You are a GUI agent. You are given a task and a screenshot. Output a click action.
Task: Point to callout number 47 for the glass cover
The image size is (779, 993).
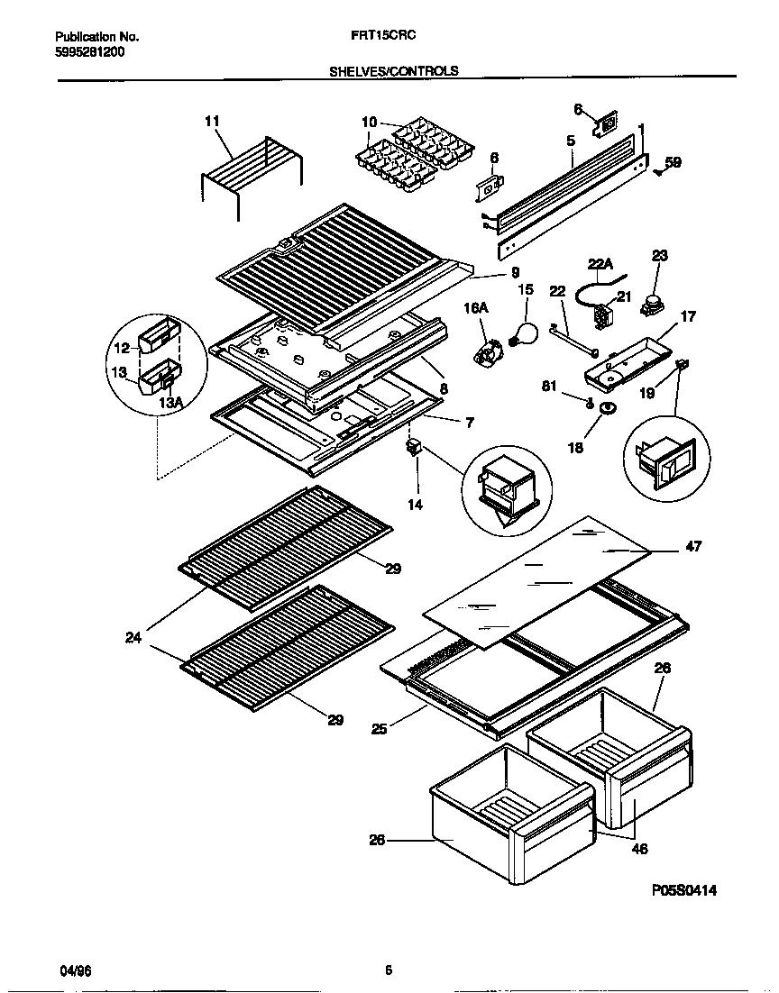coord(693,546)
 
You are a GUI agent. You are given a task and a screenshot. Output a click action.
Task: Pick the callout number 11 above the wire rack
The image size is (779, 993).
coord(212,121)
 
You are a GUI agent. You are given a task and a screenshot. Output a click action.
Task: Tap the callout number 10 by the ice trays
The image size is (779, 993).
coord(370,122)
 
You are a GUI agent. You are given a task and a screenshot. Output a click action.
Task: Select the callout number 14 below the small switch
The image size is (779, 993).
coord(415,505)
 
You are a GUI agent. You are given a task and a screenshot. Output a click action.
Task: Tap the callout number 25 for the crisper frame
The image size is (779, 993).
coord(379,728)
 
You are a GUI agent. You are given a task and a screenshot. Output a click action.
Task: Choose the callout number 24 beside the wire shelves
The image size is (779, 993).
coord(133,638)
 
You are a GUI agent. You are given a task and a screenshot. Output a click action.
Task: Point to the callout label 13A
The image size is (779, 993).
coord(169,402)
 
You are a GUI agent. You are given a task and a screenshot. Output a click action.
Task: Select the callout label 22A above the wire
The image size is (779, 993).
coord(600,263)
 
